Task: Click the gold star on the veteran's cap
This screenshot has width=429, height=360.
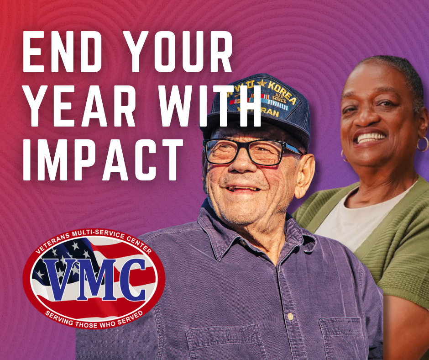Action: pos(262,84)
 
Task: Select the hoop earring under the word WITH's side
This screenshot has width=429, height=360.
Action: pos(422,144)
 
